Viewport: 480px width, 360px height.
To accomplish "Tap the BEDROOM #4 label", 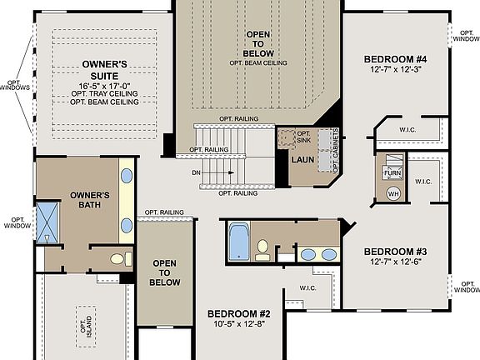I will [x=395, y=59].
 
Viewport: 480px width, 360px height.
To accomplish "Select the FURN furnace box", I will [x=392, y=172].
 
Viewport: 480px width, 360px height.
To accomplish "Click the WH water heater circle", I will [x=392, y=194].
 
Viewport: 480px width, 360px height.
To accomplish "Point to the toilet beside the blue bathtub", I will [x=262, y=247].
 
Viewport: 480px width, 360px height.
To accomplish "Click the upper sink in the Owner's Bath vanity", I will [x=127, y=176].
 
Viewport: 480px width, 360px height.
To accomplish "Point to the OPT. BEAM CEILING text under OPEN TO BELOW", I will [x=258, y=62].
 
